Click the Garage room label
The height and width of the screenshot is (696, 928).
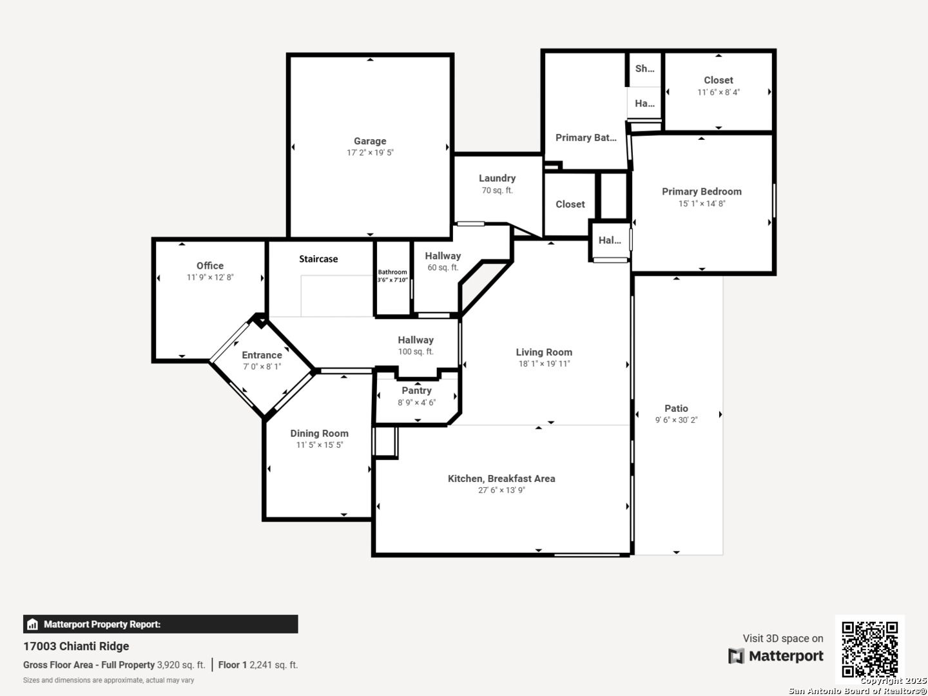[370, 141]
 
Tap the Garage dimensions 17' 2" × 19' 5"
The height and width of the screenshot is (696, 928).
[370, 153]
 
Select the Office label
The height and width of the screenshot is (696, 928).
[210, 266]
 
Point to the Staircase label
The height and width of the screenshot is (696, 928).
[318, 259]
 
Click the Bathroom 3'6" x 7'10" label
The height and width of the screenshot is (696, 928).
[392, 276]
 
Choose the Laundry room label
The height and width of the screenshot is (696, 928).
[497, 179]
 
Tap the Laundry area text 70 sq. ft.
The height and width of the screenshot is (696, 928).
[497, 191]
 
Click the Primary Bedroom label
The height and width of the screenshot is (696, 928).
[702, 192]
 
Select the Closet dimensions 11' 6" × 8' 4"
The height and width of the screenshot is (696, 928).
[719, 92]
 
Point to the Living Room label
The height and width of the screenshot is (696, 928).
[544, 353]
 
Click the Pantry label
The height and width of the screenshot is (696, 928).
[416, 391]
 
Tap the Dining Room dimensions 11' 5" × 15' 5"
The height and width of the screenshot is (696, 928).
[319, 445]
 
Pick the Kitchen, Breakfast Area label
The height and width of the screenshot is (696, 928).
[501, 479]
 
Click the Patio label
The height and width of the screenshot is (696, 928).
[676, 409]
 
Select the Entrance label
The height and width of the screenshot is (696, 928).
[262, 355]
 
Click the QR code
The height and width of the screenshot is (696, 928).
[869, 649]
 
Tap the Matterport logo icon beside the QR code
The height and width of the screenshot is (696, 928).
[736, 656]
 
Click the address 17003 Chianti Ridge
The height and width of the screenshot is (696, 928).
[76, 646]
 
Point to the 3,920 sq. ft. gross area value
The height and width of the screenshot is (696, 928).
[181, 665]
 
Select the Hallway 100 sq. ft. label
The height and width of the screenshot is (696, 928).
[416, 345]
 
